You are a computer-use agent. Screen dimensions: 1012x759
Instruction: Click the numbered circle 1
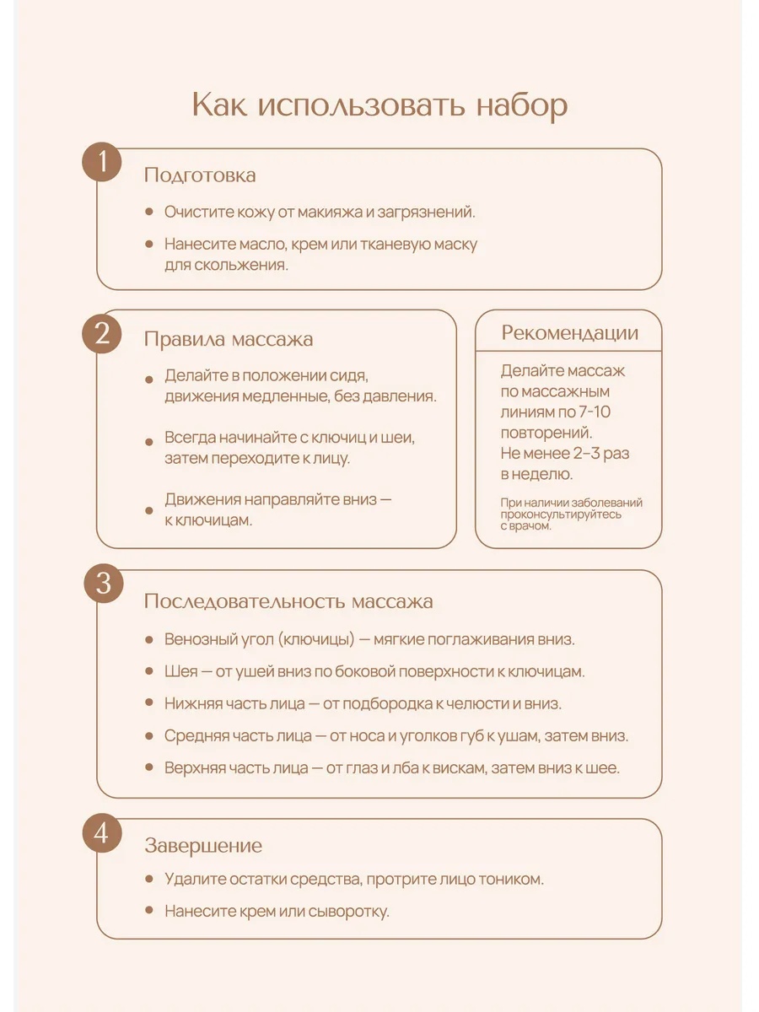point(103,163)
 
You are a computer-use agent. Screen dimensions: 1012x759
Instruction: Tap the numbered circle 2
point(103,334)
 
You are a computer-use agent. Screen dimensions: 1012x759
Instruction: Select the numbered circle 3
point(103,584)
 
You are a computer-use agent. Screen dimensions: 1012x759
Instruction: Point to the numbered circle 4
point(103,834)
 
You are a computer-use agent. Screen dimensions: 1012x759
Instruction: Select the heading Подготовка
point(200,175)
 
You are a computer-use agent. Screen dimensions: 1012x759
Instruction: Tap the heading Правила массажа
point(228,339)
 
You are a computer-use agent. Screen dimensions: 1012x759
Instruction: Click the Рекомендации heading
point(569,332)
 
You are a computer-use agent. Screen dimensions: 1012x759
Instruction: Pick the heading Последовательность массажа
point(288,601)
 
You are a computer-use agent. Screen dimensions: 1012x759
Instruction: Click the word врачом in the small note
point(531,525)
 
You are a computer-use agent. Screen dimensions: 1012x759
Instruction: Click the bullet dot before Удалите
point(148,878)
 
